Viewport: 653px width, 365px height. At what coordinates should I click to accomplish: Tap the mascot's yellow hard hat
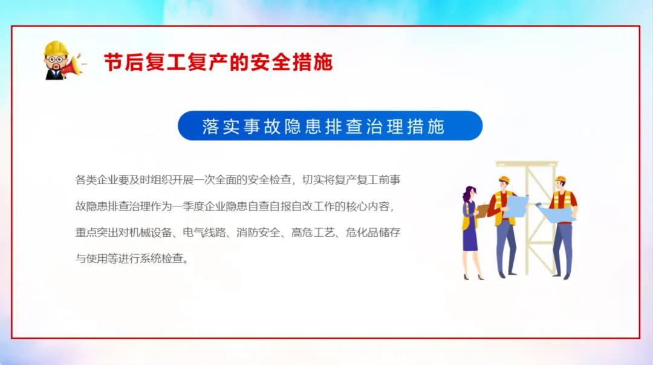tap(56, 48)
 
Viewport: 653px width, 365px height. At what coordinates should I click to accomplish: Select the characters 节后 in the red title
tap(124, 62)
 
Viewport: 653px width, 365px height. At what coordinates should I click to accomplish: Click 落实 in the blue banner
tap(221, 126)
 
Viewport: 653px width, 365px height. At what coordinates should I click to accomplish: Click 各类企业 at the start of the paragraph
tap(97, 180)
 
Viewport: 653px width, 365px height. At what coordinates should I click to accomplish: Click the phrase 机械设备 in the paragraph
tap(151, 232)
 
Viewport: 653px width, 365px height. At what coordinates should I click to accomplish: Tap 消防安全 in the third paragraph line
tap(258, 232)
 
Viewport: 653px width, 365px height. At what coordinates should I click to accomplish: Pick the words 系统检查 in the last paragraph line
tap(161, 258)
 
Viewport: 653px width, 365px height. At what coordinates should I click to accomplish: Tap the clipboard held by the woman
tap(482, 211)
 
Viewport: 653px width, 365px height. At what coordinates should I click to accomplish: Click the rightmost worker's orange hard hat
tap(560, 179)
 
